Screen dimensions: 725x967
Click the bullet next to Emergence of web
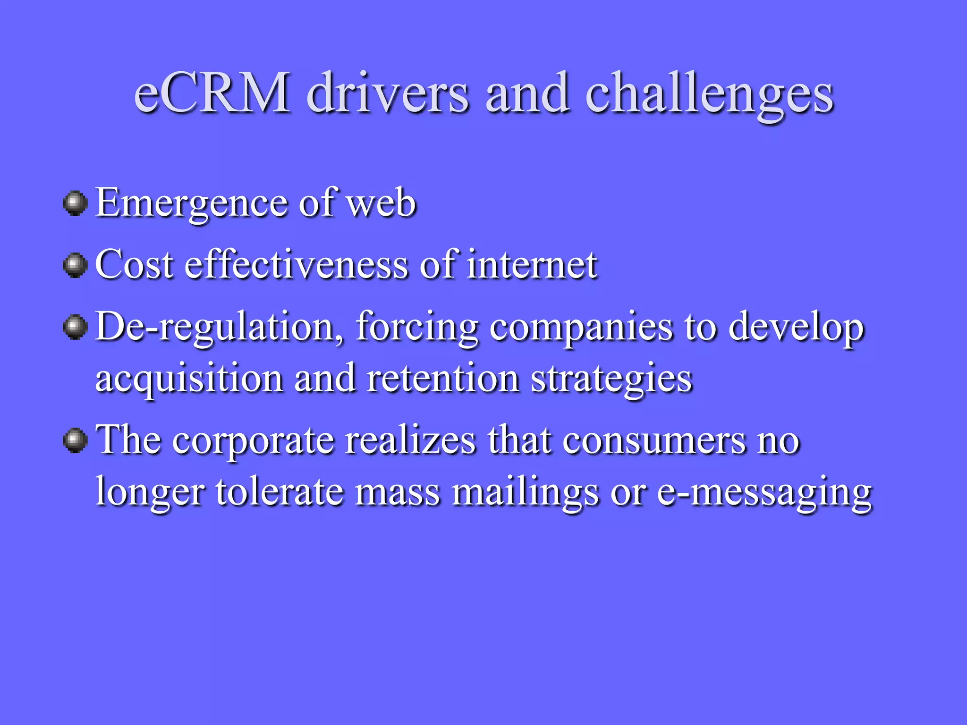click(x=75, y=203)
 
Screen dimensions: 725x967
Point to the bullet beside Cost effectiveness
click(x=75, y=265)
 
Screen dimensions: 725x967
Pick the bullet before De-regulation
click(x=75, y=327)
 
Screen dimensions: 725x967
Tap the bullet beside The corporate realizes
click(x=75, y=440)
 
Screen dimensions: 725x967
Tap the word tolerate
click(x=280, y=492)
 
